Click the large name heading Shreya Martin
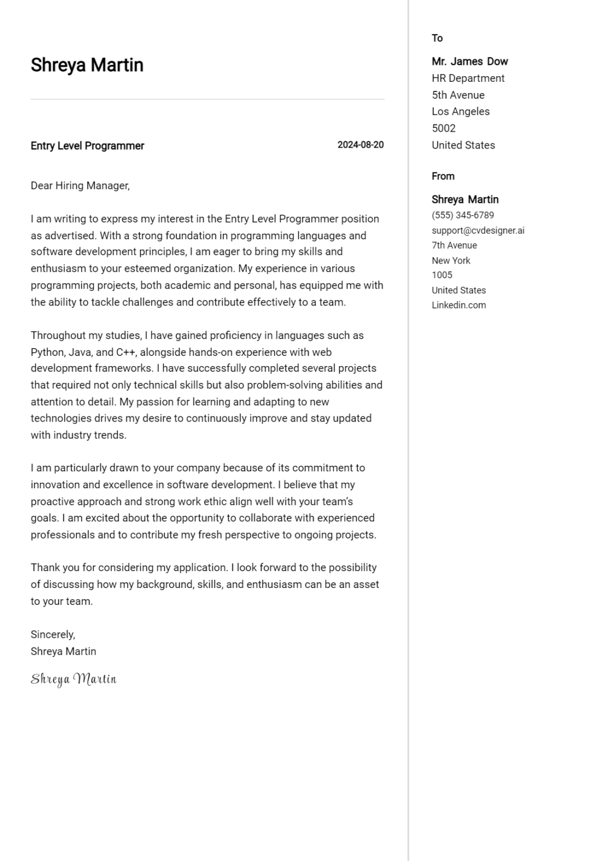[87, 65]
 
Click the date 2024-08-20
[360, 145]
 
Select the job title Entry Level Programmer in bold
[87, 146]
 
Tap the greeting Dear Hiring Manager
[80, 186]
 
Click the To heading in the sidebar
[437, 38]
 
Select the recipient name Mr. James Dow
[469, 62]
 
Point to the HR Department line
[468, 78]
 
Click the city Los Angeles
[460, 112]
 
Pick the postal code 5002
[443, 128]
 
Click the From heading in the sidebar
[442, 176]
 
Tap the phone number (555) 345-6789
[463, 215]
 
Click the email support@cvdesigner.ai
[478, 230]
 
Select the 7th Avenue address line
[454, 246]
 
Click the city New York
[451, 261]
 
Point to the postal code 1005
[441, 275]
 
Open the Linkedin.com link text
[458, 305]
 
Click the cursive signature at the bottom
[73, 679]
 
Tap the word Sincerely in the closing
[52, 635]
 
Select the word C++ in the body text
[126, 353]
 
